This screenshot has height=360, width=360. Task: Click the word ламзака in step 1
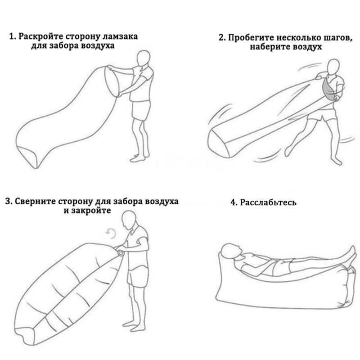(120, 36)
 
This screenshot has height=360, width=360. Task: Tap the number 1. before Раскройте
(13, 36)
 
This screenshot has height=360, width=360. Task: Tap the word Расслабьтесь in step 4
(268, 202)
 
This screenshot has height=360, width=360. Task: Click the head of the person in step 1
(143, 58)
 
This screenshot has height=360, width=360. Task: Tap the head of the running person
(333, 67)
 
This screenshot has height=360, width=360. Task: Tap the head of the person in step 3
(129, 220)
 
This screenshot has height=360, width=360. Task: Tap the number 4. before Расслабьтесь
(234, 202)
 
